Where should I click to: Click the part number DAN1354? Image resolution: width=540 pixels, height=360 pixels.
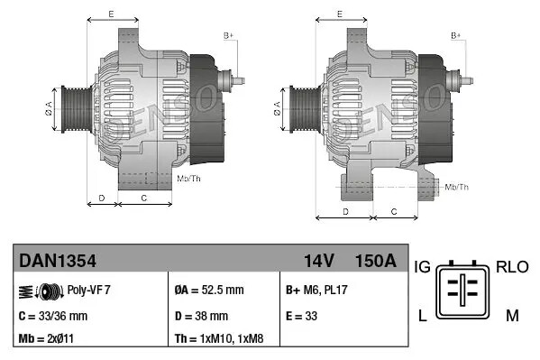58,262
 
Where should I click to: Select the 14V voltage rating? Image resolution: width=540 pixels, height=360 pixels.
318,262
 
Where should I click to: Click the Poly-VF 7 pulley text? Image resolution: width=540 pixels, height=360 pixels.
88,291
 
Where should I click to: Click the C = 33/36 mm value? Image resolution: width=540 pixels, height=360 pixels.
53,316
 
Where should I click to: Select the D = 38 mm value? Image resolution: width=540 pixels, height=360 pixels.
200,316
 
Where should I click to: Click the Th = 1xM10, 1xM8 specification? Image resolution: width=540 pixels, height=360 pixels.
219,339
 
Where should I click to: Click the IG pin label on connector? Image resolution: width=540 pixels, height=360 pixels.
423,267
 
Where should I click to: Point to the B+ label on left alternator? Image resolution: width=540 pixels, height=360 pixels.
228,35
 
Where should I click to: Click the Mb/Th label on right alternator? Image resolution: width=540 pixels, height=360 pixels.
457,187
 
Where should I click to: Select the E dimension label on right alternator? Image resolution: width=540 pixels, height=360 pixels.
338,14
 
